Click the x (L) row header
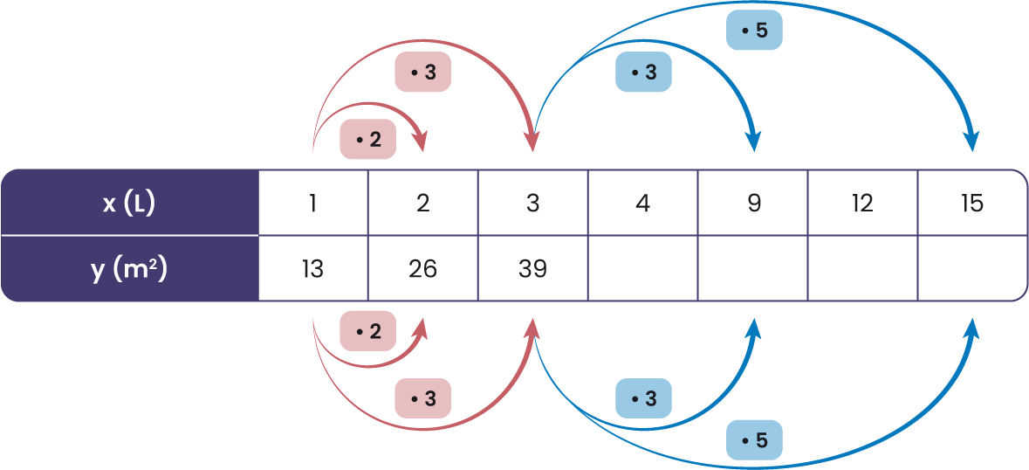pos(129,203)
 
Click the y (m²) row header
pos(129,269)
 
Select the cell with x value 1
pos(313,203)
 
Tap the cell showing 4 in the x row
pos(643,203)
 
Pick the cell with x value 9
pos(753,203)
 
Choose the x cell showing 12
pos(863,203)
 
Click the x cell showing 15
pos(972,203)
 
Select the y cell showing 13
pos(313,269)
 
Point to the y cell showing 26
pos(423,269)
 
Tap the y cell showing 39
pos(533,269)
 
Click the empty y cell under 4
pos(643,269)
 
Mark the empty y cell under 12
pos(863,269)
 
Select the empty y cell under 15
pos(972,269)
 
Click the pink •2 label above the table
pos(367,140)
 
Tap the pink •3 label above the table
pos(422,73)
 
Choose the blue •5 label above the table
pos(754,31)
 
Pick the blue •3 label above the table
pos(643,73)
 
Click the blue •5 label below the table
pos(754,439)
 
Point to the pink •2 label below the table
pos(367,332)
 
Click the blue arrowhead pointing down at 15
pos(971,142)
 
